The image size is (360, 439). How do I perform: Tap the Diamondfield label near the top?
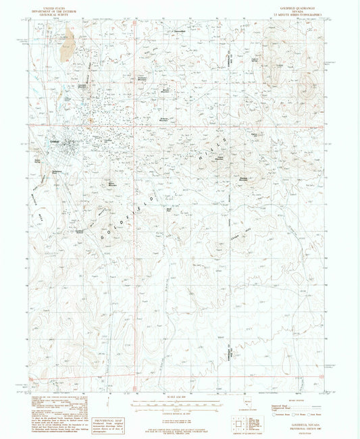tap(179, 32)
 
